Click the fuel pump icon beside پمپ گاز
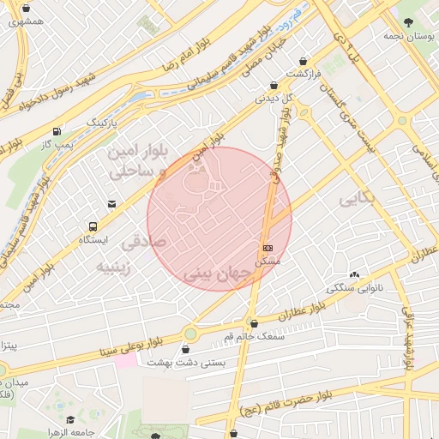[x=57, y=132]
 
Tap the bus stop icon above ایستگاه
[x=92, y=226]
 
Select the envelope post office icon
[x=111, y=203]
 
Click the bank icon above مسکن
[x=268, y=247]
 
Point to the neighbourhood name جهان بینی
[x=216, y=275]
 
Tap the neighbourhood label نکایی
[x=358, y=199]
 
